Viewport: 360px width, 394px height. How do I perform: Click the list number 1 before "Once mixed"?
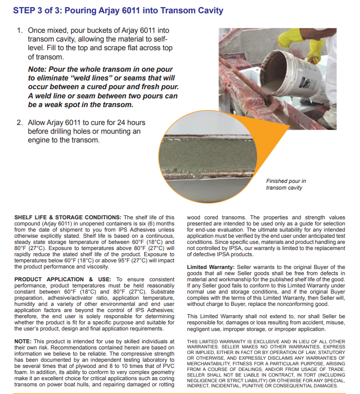(19, 31)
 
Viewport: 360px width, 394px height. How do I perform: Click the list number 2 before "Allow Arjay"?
(19, 123)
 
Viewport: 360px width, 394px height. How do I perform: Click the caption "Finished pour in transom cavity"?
(286, 184)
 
